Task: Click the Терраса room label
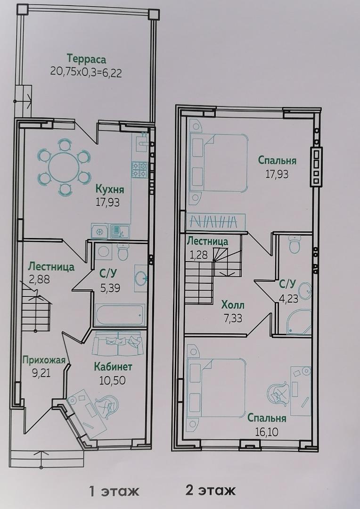tap(86, 59)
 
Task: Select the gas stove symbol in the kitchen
tap(139, 170)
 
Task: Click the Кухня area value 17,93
tap(107, 202)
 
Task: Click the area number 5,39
tap(110, 287)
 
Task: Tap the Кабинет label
tap(113, 367)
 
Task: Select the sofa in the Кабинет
tap(117, 343)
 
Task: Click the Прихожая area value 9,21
tap(41, 371)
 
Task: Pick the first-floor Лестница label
tap(51, 267)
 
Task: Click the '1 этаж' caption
tap(114, 492)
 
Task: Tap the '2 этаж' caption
tap(210, 491)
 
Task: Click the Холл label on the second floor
tap(233, 305)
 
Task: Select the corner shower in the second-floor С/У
tap(298, 321)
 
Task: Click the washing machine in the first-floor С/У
tap(104, 251)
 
